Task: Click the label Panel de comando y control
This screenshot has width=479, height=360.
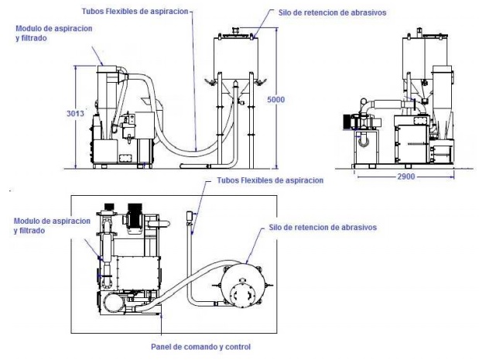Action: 200,346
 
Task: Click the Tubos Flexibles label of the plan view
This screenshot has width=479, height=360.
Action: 266,180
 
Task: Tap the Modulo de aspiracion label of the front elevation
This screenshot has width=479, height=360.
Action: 49,33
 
